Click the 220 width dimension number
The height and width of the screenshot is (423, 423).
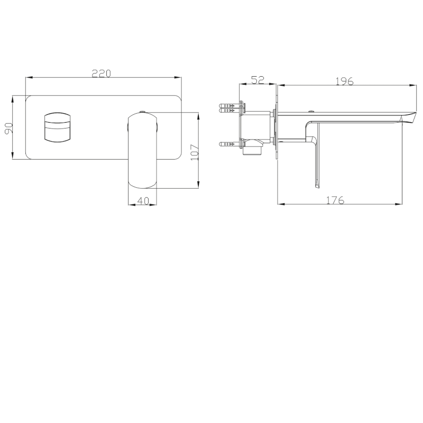[x=101, y=73]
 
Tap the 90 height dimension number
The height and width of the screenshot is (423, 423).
[x=8, y=128]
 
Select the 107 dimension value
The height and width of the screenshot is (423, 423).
[x=195, y=152]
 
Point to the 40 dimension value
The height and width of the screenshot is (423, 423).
[x=143, y=201]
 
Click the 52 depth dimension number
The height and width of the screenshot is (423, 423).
[x=258, y=80]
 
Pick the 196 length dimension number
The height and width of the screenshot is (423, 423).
[x=344, y=81]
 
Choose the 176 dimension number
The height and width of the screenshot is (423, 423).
[x=335, y=200]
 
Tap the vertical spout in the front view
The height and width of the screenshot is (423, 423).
[x=142, y=151]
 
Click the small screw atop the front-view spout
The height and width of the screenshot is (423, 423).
[x=142, y=112]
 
